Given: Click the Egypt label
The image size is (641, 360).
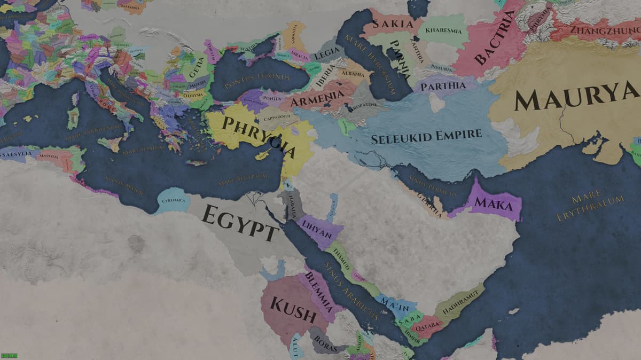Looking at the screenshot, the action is (240, 223).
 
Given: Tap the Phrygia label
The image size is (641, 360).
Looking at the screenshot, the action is (258, 136).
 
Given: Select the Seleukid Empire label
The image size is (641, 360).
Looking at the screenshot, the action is (426, 137).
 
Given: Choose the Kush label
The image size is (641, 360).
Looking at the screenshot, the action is (293, 309).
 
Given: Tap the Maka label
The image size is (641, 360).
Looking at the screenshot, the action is (490, 203).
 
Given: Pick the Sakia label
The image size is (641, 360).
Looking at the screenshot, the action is (393, 24).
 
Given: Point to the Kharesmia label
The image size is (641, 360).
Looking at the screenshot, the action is (443, 30).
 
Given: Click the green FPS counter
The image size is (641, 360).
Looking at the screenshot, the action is (9, 355).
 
